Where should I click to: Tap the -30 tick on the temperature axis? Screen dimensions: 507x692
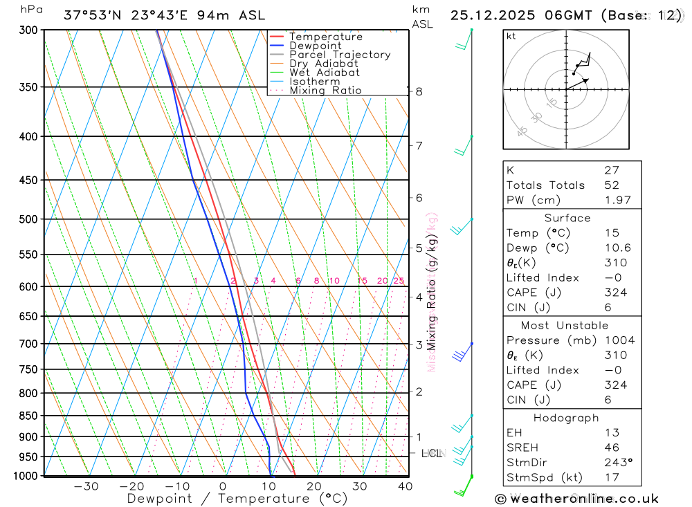coord(86,487)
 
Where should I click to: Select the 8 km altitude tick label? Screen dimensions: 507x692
coord(419,91)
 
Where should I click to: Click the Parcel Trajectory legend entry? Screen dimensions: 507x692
coord(340,55)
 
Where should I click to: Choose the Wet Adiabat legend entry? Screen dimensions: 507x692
coord(325,73)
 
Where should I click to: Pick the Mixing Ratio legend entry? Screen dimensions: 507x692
coord(325,91)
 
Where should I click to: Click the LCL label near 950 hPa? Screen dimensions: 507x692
coord(432,454)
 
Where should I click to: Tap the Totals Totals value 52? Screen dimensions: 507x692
coord(612,185)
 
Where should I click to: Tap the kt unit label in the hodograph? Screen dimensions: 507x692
coord(511,37)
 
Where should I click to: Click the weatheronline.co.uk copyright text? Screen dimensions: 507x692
coord(576,499)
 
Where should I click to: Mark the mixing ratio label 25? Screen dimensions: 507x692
coord(399,281)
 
